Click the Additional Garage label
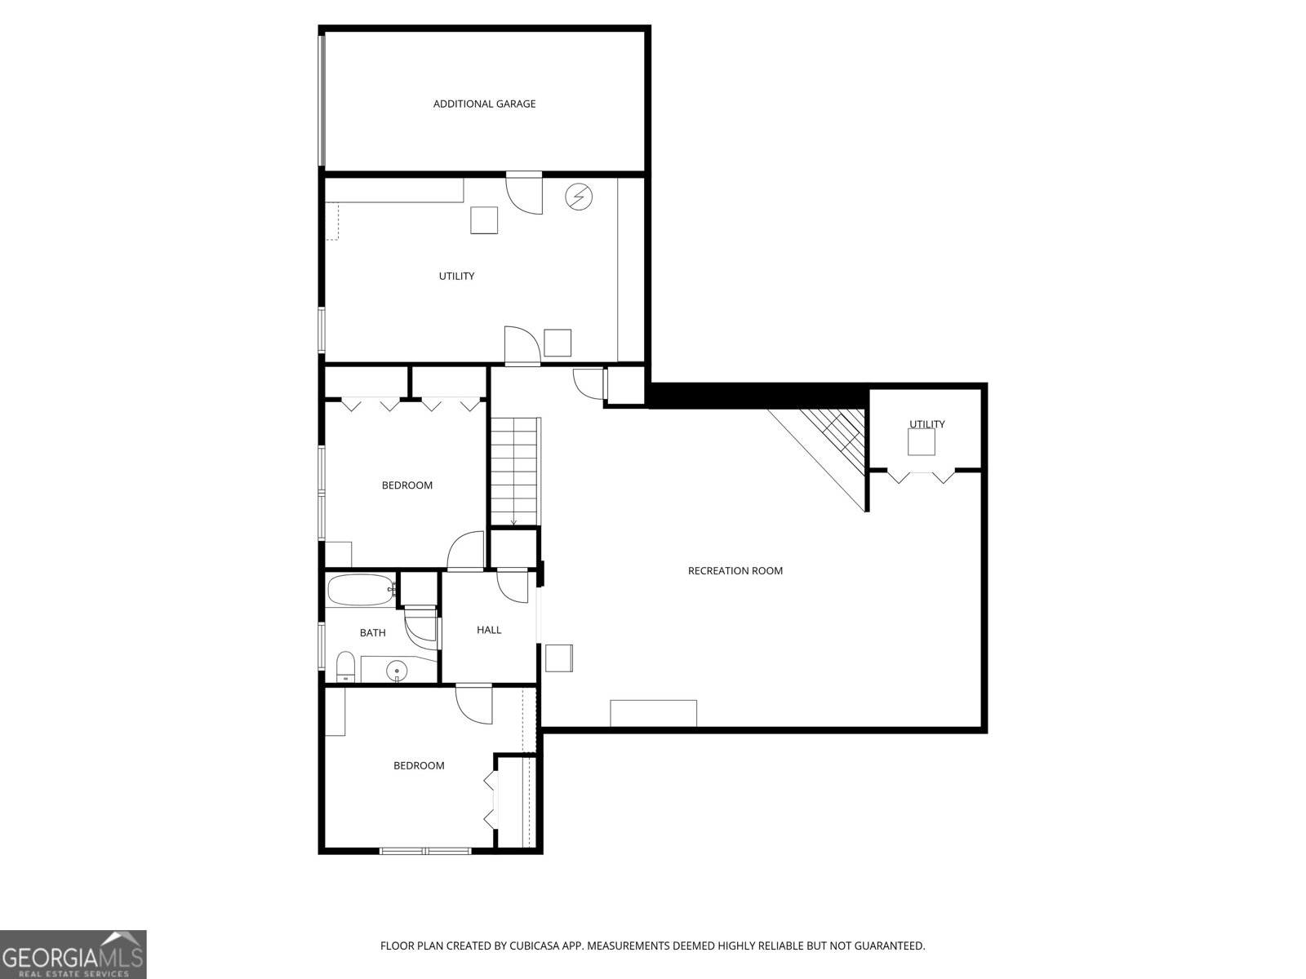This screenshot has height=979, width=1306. pos(484,104)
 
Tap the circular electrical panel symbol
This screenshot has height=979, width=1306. pos(580,197)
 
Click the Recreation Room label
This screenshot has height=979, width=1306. pos(735,570)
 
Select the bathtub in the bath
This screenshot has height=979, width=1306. pos(360,591)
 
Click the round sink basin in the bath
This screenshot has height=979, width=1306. pos(397,671)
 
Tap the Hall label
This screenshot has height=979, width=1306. pos(489,630)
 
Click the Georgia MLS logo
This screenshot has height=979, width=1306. pos(73,954)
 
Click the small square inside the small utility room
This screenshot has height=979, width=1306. pos(922,442)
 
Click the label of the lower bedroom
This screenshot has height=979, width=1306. pos(419,765)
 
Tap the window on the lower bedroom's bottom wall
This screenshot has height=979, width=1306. pos(425,851)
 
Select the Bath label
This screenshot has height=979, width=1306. pos(372,632)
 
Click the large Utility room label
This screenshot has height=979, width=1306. pos(456,276)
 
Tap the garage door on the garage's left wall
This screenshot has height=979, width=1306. pos(322,100)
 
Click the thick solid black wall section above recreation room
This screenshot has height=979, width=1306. pos(755,396)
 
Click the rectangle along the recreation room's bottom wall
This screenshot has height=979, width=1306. pos(653,713)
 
